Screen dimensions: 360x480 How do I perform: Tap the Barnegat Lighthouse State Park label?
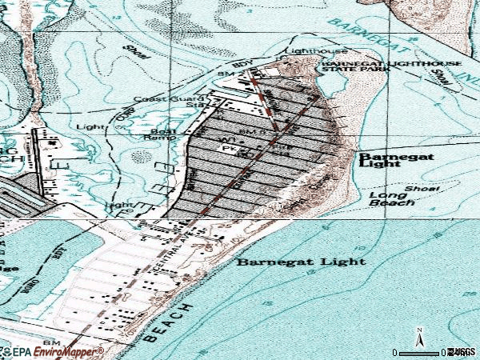pos(351,66)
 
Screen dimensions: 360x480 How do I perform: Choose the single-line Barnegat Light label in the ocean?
pos(302,261)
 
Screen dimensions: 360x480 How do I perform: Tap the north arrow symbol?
pos(418,338)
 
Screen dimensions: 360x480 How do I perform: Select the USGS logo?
pos(462,351)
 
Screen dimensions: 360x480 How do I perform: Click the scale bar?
pos(424,352)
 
